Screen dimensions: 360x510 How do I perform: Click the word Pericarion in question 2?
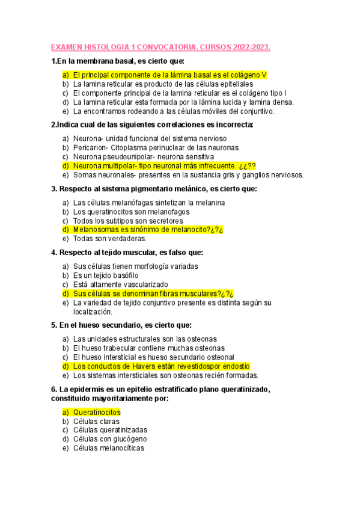point(91,147)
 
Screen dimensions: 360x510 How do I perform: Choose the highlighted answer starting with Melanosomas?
point(148,229)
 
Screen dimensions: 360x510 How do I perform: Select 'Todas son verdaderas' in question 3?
point(109,238)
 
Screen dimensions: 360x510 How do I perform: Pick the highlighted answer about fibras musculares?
point(153,293)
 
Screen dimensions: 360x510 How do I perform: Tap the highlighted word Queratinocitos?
point(97,412)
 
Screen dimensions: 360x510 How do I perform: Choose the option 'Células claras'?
point(96,421)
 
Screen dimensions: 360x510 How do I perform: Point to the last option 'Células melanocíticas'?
point(109,448)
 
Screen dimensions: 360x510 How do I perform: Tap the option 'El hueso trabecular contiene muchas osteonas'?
point(148,348)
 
